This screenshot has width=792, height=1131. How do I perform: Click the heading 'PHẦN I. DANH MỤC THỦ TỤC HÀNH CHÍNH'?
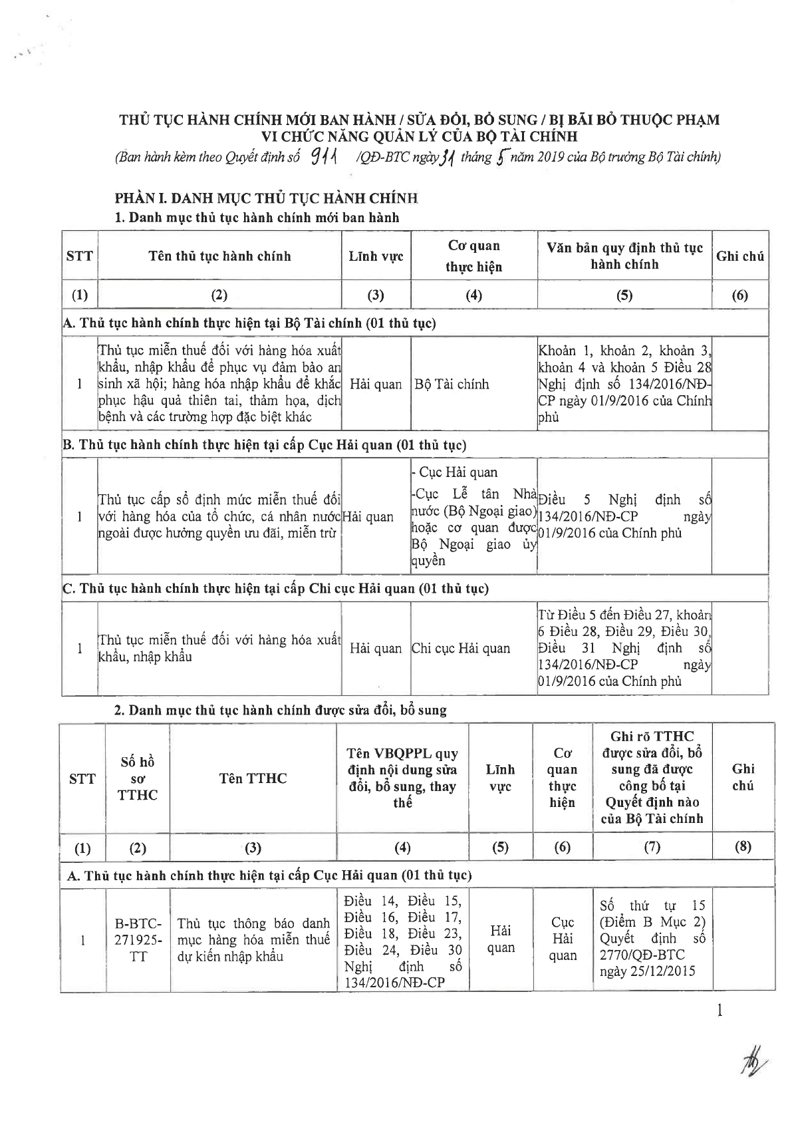266,198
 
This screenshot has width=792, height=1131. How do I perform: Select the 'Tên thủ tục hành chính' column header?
219,256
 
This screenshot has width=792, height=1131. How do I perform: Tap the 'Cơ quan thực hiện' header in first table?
473,256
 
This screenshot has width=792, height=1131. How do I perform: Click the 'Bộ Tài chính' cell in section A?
452,384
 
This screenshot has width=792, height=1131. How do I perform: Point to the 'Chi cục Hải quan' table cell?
461,649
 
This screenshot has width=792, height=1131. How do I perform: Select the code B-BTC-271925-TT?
138,940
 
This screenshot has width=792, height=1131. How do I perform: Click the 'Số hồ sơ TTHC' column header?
138,778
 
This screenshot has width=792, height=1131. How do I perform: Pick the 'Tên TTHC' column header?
253,778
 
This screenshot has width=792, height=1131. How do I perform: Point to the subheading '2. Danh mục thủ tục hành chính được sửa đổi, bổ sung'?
281,710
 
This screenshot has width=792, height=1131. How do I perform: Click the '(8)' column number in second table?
743,848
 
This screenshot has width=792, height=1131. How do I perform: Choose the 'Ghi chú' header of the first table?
739,256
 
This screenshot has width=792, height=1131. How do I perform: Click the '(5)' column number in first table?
624,295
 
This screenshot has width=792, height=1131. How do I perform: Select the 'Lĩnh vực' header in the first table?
376,256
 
